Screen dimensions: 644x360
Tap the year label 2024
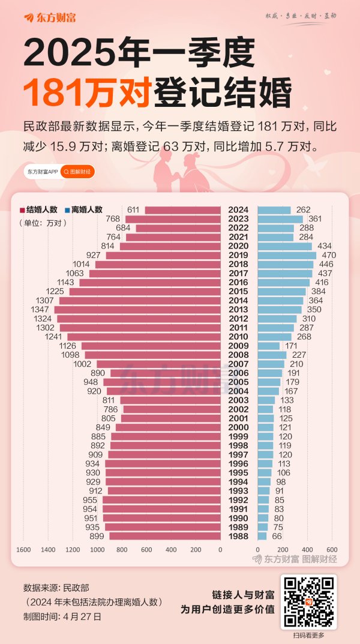point(238,209)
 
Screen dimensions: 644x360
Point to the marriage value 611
point(133,209)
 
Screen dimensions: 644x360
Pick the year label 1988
point(238,536)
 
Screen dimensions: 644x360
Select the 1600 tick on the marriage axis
point(23,550)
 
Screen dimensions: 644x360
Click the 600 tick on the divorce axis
point(332,550)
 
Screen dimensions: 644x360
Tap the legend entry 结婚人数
point(38,209)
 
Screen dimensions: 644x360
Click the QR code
point(308,602)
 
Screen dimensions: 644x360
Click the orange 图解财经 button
point(78,172)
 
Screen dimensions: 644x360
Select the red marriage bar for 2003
point(170,400)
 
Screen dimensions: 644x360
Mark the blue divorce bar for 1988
point(262,536)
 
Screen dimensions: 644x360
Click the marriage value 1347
point(41,310)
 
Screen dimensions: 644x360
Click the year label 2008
point(238,355)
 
